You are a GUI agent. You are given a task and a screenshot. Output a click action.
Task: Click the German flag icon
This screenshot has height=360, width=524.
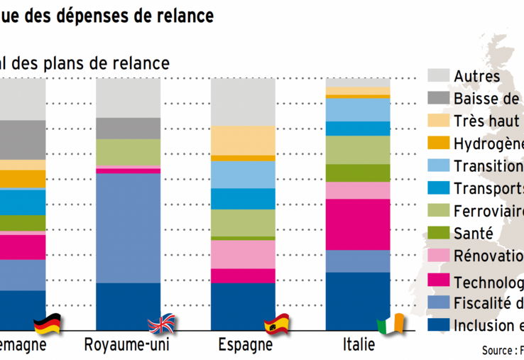click(x=48, y=324)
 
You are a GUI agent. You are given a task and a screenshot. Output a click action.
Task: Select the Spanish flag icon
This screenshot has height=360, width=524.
click(x=278, y=324)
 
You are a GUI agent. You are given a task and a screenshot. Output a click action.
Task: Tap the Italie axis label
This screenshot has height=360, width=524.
click(x=359, y=346)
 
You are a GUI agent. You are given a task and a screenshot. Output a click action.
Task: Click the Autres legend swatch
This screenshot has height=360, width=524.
click(x=437, y=76)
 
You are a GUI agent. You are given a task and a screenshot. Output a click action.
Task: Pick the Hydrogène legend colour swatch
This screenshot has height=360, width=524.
click(x=437, y=143)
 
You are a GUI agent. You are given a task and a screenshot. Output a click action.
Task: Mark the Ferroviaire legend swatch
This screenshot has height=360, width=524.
click(x=437, y=211)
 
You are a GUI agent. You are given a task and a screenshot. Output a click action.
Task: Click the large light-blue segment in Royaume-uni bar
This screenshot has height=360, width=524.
click(x=128, y=227)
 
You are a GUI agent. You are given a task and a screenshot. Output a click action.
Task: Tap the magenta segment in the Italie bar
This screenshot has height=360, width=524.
click(x=358, y=224)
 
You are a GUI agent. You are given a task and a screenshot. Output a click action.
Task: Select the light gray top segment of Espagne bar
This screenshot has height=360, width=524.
click(x=244, y=102)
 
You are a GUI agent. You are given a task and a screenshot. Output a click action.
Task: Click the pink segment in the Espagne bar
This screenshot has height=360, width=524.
click(x=244, y=254)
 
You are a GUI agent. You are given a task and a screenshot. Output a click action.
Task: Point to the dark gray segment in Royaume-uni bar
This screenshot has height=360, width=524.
click(x=128, y=128)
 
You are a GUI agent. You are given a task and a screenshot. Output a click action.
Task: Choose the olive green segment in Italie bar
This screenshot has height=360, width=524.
click(x=358, y=173)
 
